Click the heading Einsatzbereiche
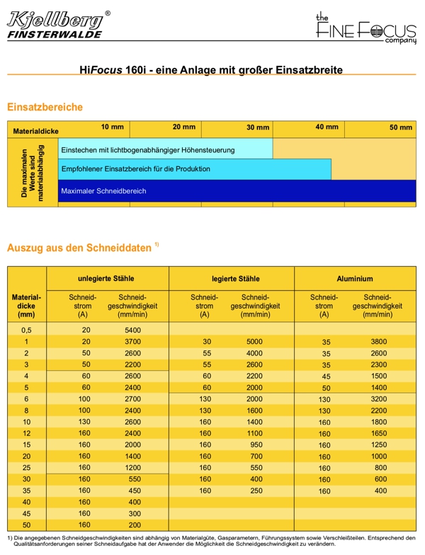click(x=45, y=107)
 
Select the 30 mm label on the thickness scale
click(x=258, y=128)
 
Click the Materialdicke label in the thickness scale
click(x=35, y=131)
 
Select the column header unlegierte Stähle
click(x=106, y=279)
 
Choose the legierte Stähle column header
click(x=231, y=279)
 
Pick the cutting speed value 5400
click(x=132, y=331)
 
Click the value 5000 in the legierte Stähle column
click(x=254, y=342)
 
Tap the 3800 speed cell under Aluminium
click(x=379, y=342)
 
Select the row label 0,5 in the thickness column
click(x=26, y=331)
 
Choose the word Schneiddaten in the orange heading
click(x=115, y=248)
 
